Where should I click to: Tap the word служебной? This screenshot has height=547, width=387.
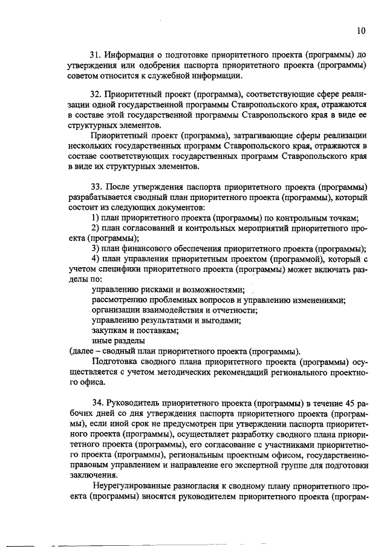(x=171, y=76)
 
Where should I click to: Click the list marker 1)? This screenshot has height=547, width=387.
(x=95, y=218)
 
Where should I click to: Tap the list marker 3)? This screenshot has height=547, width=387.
(x=95, y=248)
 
